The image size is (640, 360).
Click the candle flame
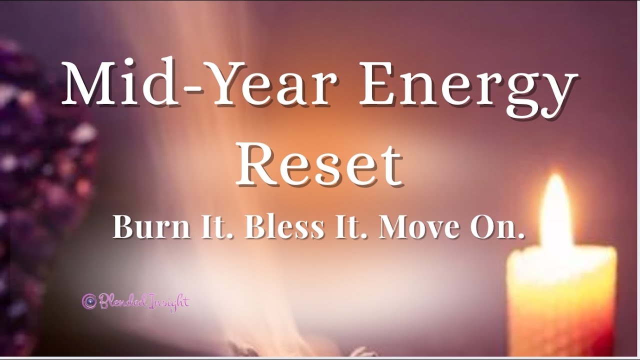pos(556,212)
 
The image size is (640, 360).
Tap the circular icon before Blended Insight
pos(89,301)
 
